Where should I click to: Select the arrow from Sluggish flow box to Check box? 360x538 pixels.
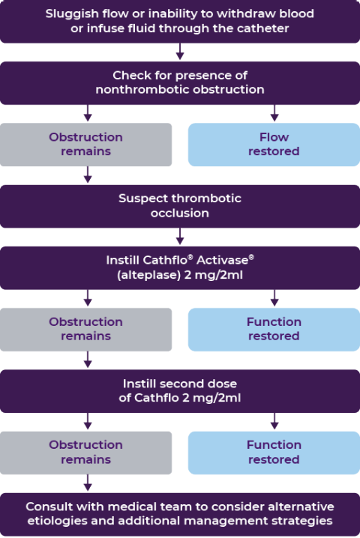coord(180,52)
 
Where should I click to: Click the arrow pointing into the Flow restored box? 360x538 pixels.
coord(274,113)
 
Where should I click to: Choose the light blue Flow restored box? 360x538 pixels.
coord(274,145)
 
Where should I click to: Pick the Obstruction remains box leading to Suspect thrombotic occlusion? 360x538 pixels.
coord(86,145)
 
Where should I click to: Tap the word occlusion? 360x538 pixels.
coord(180,213)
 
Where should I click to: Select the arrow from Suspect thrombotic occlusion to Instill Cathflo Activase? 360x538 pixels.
coord(180,237)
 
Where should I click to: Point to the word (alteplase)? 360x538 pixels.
coord(148,275)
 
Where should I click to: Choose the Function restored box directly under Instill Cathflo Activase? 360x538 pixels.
coord(274,330)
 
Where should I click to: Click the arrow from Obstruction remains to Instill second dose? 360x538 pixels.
coord(88,359)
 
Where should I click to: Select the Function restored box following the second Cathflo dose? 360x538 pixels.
coord(274,453)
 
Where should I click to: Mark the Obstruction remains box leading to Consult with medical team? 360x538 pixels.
coord(86,453)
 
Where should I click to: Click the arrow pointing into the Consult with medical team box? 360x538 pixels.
coord(88,483)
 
